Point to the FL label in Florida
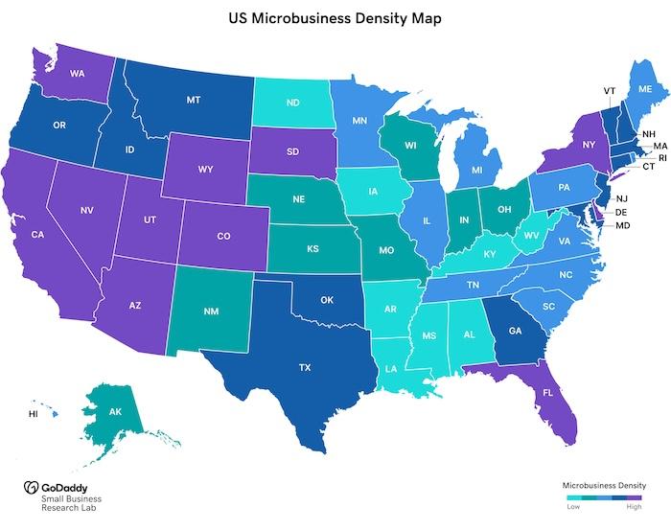tap(547, 393)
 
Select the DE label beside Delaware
tap(621, 212)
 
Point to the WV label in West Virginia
tap(531, 235)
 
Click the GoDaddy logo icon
tap(30, 486)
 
